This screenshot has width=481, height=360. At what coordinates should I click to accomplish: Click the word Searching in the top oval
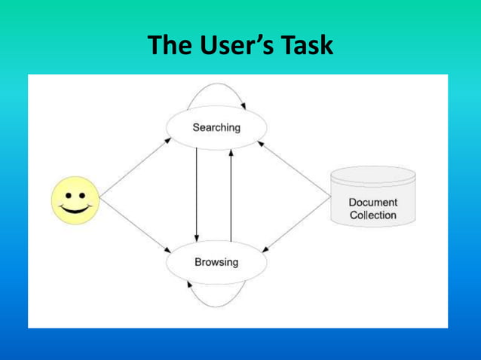tap(216, 127)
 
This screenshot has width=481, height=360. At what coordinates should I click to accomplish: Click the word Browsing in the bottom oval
tap(216, 263)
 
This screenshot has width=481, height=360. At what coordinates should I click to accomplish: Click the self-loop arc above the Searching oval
tap(215, 85)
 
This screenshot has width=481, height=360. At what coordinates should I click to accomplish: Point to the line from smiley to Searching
tap(134, 168)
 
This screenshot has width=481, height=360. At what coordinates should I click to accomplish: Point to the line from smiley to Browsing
tap(134, 227)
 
